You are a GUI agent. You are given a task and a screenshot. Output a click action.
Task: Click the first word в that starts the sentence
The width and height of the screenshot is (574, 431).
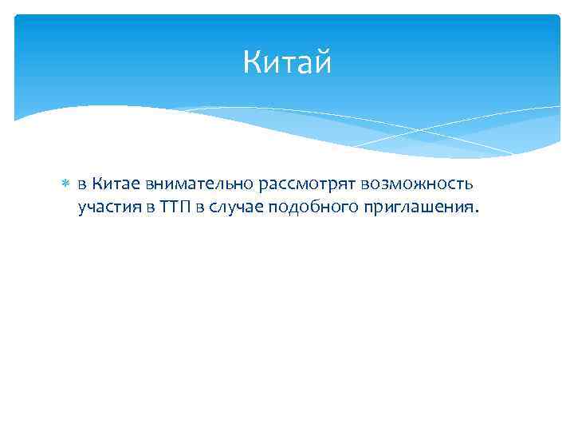tap(82, 185)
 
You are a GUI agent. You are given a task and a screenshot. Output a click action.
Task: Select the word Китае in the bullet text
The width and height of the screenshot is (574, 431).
tap(114, 184)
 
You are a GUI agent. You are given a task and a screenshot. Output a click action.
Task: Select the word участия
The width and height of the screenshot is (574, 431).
tap(108, 209)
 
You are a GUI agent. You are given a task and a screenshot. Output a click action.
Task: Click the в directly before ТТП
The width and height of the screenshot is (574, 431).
tap(149, 209)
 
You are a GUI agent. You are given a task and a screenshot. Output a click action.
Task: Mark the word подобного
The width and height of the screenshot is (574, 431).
tap(309, 209)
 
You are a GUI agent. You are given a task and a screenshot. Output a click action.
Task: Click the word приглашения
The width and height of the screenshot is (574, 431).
tap(413, 209)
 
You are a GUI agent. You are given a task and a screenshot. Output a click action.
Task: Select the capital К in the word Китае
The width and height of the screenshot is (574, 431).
tap(96, 184)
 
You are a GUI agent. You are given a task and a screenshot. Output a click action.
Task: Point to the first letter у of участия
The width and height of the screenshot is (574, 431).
tap(82, 210)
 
